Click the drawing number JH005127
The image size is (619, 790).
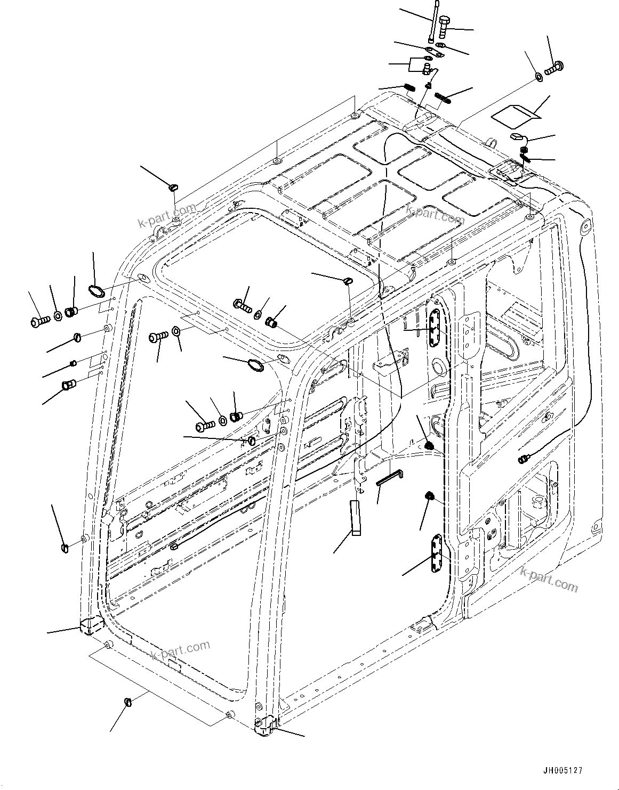click(x=562, y=770)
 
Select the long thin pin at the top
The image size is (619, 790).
click(x=432, y=22)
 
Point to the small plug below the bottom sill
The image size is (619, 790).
click(x=128, y=702)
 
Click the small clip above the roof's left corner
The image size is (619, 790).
click(x=173, y=187)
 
